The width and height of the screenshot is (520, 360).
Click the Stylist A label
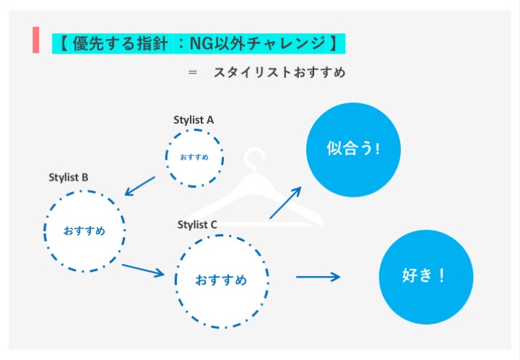pyautogui.click(x=194, y=120)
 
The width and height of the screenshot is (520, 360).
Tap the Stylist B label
pyautogui.click(x=69, y=177)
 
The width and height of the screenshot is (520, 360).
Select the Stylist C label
pyautogui.click(x=197, y=225)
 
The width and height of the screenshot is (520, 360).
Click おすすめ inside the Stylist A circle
pyautogui.click(x=194, y=157)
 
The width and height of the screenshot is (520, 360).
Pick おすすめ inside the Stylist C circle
pyautogui.click(x=221, y=280)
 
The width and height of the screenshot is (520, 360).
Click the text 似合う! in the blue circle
pyautogui.click(x=353, y=149)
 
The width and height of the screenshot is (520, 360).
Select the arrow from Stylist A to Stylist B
pyautogui.click(x=140, y=186)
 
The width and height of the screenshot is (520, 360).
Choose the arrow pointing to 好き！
pyautogui.click(x=318, y=276)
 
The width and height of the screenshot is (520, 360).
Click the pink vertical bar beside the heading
pyautogui.click(x=36, y=40)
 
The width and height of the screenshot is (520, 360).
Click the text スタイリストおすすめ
pyautogui.click(x=279, y=72)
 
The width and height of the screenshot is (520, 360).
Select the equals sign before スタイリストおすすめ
pyautogui.click(x=192, y=72)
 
